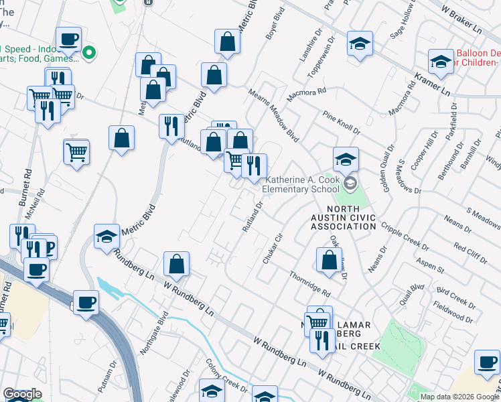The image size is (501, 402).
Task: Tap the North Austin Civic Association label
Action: click(x=343, y=222)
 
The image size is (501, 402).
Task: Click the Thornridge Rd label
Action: click(x=310, y=285)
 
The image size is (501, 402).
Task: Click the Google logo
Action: click(x=22, y=395)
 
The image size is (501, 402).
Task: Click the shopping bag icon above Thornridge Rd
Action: click(x=329, y=261)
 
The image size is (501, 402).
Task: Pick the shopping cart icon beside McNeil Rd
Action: click(x=76, y=153)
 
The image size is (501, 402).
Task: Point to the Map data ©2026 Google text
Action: click(x=459, y=397)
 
